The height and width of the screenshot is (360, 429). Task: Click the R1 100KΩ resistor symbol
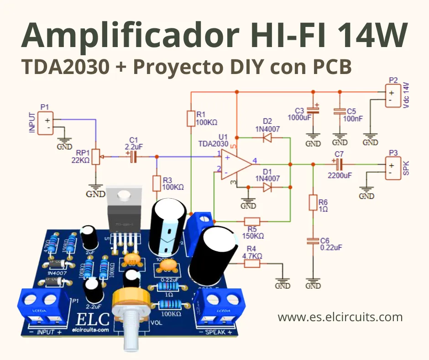[191, 119]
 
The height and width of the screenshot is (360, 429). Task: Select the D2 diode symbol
[268, 138]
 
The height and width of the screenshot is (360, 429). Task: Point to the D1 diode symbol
[268, 187]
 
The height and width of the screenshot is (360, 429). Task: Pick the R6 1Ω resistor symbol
[313, 202]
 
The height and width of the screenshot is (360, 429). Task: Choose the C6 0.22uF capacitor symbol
[313, 241]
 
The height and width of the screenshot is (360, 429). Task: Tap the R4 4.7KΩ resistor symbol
[252, 264]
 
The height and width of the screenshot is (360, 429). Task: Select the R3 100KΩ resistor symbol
[157, 184]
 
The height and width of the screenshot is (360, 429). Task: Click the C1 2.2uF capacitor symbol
[133, 157]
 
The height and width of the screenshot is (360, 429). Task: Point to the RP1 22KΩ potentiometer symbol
[96, 157]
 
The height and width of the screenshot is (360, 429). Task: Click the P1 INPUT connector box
[45, 124]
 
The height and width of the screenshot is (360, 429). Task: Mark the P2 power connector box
[392, 95]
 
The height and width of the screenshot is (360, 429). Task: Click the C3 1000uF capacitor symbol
[313, 110]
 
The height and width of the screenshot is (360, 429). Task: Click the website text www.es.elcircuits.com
[340, 317]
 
